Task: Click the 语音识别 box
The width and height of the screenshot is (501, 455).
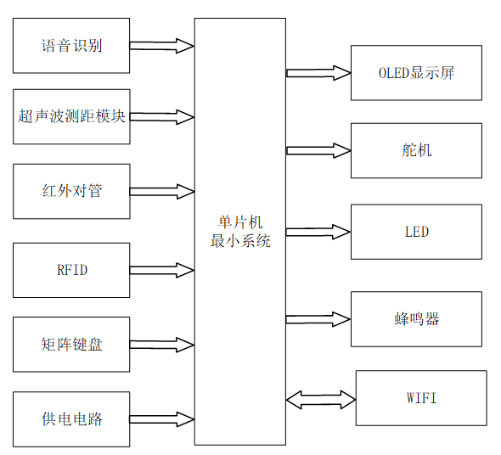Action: (x=71, y=45)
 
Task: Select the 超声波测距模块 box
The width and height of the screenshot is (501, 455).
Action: (x=71, y=116)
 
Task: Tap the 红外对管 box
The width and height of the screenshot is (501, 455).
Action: (x=71, y=191)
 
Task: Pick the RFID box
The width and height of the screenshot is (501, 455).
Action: (x=71, y=271)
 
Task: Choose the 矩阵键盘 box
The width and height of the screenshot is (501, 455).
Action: (x=71, y=345)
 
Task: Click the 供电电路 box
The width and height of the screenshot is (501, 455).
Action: (x=71, y=418)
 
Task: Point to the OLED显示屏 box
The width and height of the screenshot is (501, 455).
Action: (x=416, y=72)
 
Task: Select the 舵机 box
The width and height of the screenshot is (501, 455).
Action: (x=416, y=150)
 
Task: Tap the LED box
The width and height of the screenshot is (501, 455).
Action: (x=416, y=231)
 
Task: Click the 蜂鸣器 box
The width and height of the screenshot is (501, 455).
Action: (x=416, y=319)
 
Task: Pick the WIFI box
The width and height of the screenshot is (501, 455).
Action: (x=421, y=397)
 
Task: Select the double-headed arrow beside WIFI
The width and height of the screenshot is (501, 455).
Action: (x=321, y=397)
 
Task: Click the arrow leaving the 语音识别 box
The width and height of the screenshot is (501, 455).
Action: (x=162, y=45)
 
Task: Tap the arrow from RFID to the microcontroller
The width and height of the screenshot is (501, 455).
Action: (x=162, y=271)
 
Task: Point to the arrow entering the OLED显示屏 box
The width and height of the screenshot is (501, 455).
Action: (x=318, y=72)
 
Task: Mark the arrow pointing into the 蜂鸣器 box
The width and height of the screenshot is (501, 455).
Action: (x=318, y=319)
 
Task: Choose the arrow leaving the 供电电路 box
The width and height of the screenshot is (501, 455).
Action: (x=162, y=418)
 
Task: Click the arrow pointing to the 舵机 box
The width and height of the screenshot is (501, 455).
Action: (x=318, y=150)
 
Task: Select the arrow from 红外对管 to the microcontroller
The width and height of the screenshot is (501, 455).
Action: (x=162, y=191)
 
